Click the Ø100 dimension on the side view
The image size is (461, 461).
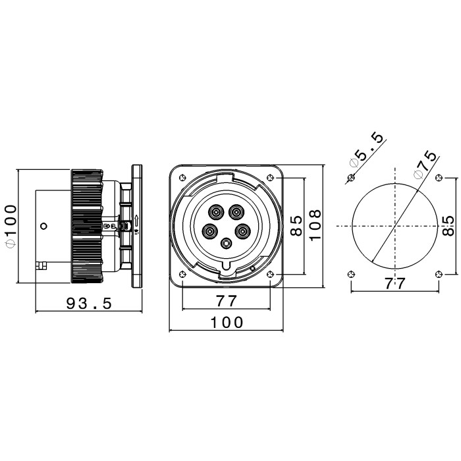click(x=11, y=227)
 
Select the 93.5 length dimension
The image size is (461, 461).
click(x=89, y=303)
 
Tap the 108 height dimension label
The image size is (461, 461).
click(x=315, y=225)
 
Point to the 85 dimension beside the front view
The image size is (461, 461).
click(x=296, y=226)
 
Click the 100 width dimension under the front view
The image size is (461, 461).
click(x=227, y=322)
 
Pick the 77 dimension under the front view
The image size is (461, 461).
click(x=227, y=301)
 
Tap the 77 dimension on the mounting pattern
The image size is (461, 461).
click(x=395, y=283)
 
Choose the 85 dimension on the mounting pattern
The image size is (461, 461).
click(x=448, y=226)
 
